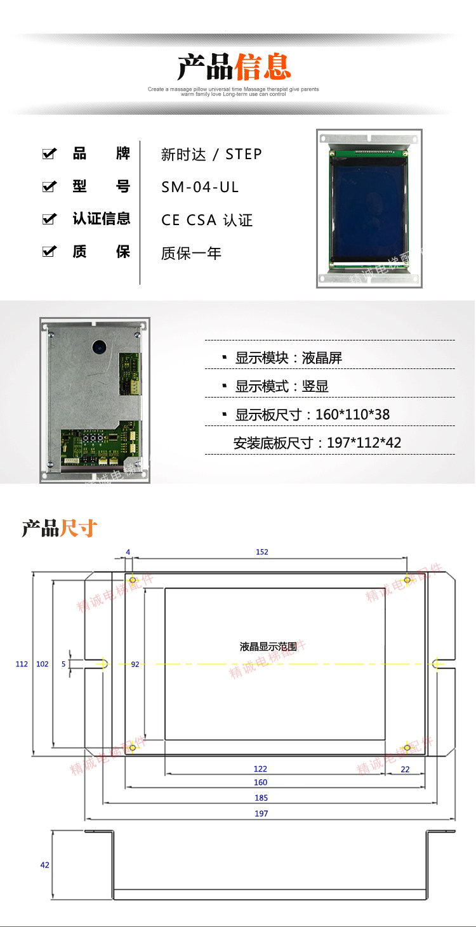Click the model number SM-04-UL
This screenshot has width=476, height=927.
point(200,187)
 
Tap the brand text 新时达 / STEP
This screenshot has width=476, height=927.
point(211,154)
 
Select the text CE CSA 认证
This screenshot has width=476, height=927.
point(207,220)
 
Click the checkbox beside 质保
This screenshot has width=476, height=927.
point(49,252)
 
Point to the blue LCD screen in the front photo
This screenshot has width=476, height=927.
point(367,209)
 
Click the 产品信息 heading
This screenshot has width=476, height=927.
point(234,66)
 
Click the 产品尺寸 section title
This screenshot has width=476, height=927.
point(60,528)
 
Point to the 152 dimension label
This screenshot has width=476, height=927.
point(262,552)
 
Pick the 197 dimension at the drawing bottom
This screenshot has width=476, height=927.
point(261,814)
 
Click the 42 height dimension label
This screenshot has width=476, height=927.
point(44,865)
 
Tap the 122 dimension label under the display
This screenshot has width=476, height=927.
point(260,769)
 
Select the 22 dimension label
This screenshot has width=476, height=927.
point(405,769)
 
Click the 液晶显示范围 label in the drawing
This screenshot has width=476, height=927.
point(268,647)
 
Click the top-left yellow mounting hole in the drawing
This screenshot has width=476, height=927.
point(133,580)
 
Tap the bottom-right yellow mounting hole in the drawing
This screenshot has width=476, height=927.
point(407,747)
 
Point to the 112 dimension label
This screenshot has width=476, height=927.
point(22,664)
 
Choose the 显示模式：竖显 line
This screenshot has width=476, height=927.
point(282,386)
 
